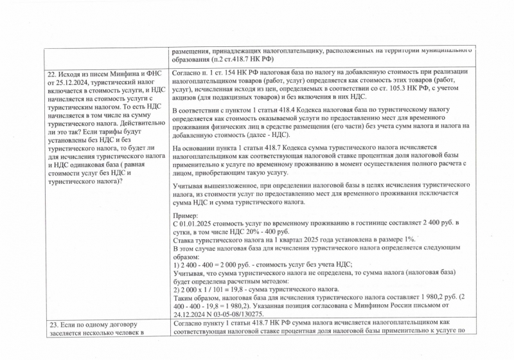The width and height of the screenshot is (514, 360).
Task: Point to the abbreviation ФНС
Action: pos(150,73)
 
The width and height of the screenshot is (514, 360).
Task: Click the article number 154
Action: pos(223,73)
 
